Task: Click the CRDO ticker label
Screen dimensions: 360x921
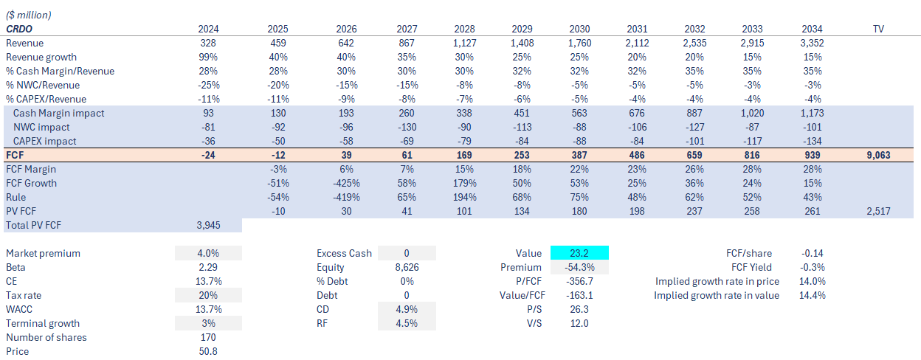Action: point(21,29)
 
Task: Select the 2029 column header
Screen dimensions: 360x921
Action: point(522,29)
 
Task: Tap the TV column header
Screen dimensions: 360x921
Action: point(878,29)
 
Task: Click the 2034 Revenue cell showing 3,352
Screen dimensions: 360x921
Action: point(812,43)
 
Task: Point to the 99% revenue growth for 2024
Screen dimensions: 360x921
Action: point(209,57)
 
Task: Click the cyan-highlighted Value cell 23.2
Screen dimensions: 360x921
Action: point(579,253)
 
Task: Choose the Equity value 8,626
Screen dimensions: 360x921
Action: point(407,267)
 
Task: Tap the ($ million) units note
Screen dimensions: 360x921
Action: point(30,15)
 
